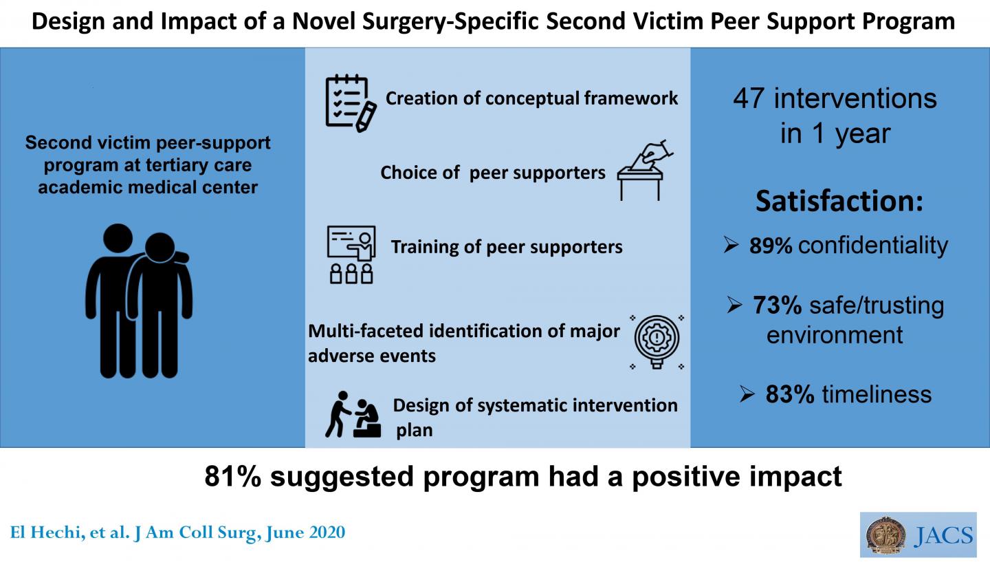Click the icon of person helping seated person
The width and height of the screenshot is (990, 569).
point(353,415)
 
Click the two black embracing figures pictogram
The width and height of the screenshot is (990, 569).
point(137,300)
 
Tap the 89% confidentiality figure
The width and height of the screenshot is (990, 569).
point(771,246)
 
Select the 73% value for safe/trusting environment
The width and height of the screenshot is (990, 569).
point(777,305)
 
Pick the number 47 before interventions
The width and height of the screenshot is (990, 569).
point(749,99)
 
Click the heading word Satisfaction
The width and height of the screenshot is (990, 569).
point(838,202)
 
